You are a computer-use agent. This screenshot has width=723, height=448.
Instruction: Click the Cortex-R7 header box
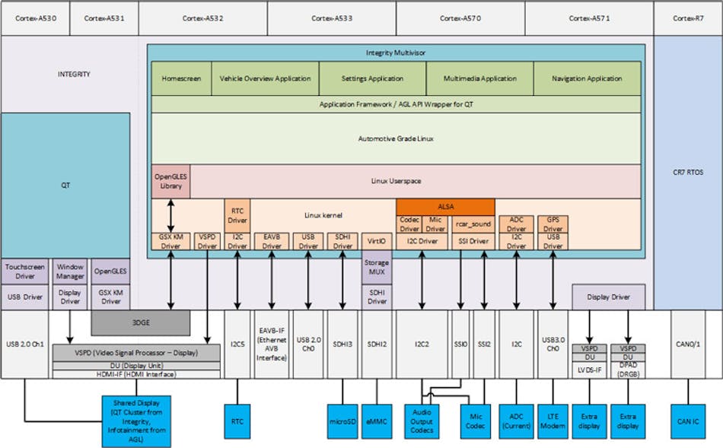pos(688,17)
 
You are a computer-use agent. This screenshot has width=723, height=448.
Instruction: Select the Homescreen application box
pos(181,78)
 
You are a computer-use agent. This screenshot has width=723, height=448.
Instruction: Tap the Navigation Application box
pos(586,78)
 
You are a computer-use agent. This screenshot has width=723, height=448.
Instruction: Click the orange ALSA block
pos(445,205)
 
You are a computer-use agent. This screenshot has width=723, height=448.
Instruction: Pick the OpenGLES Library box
pos(170,181)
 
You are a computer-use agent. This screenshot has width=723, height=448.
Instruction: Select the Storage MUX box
pos(376,272)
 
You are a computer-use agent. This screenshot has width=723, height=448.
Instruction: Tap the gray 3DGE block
pos(140,322)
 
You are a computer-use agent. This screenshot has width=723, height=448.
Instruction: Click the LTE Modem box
pos(553,421)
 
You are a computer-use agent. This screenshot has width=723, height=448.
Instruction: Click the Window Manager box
pos(70,272)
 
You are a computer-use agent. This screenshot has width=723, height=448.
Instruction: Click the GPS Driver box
pos(553,224)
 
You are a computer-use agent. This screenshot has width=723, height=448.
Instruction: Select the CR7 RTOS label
pos(688,173)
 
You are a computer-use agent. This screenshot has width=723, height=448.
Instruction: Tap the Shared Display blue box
pos(136,421)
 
